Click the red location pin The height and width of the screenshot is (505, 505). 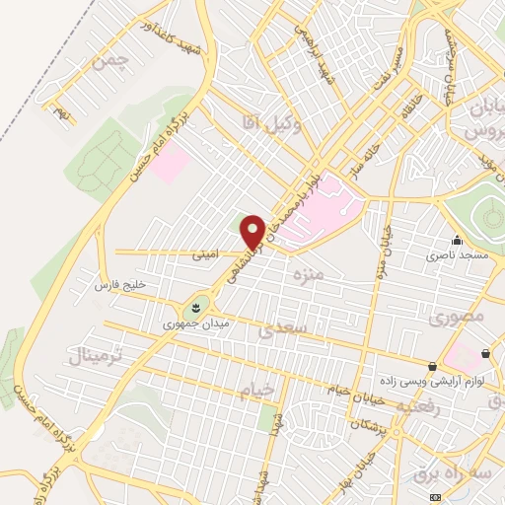tap(253, 231)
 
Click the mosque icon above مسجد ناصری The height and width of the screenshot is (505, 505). tap(457, 240)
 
